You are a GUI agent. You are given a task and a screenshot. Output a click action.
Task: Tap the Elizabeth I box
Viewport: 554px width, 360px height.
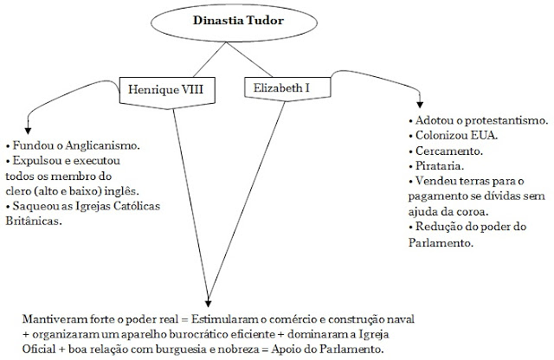click(281, 87)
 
